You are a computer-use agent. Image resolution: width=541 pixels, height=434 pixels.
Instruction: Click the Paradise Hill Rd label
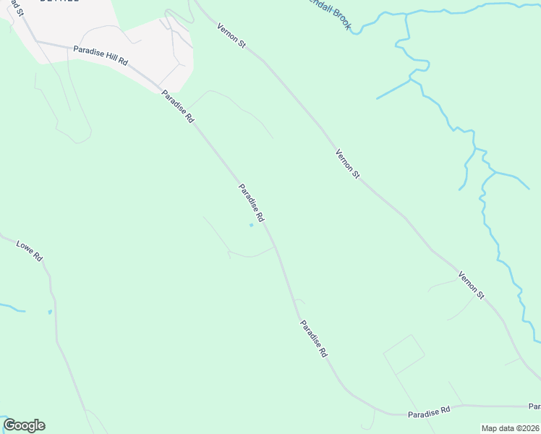pos(101,56)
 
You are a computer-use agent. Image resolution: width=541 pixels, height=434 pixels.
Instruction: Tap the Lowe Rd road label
pos(30,250)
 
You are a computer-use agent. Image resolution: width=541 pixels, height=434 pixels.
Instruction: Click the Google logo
pos(24,425)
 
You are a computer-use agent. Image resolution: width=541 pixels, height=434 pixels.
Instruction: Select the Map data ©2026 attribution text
pos(509,428)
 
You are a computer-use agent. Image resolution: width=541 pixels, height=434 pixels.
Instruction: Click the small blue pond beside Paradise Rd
pos(251,225)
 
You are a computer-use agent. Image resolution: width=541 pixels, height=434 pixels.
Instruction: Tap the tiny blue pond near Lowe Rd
pos(49,312)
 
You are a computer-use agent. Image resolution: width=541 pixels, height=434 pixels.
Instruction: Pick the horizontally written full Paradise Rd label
pos(428,410)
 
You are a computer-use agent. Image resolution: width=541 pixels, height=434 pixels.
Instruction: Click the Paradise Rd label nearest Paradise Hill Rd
pos(178,106)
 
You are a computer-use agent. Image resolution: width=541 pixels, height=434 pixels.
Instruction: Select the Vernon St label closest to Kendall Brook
pos(232,35)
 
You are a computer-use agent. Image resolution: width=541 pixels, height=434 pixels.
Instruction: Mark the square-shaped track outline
pos(404,354)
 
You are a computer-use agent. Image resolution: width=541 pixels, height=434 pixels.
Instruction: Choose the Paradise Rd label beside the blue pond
pos(251,202)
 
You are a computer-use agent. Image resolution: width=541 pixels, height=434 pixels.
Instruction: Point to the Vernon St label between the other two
pos(347,163)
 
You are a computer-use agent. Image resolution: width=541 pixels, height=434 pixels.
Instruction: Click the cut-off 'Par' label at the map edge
pos(534,406)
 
